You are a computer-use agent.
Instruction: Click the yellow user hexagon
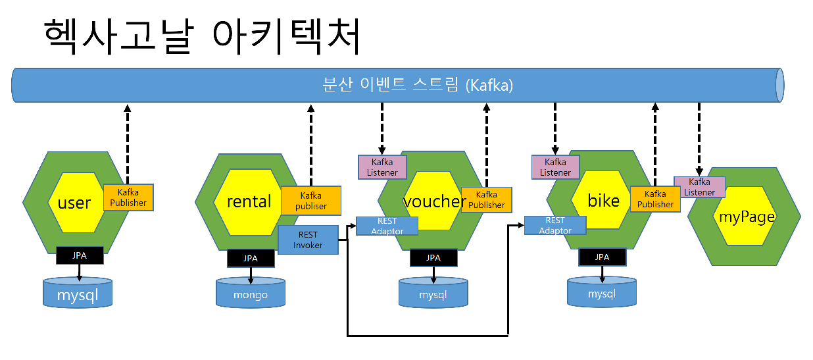click(76, 202)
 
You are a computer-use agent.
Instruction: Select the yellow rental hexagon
click(248, 202)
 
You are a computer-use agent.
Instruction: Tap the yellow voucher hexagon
click(433, 201)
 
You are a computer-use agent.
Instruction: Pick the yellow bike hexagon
click(602, 200)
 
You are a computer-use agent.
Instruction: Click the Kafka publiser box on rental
click(311, 201)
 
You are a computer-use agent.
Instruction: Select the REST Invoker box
click(308, 240)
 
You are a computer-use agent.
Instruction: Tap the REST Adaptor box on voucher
click(387, 226)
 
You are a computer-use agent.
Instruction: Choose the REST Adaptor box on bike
click(555, 225)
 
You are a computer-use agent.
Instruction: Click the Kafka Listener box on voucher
click(382, 167)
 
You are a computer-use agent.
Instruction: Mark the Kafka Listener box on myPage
click(699, 187)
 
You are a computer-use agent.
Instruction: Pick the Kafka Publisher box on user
click(128, 197)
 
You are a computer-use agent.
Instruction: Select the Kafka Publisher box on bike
click(655, 199)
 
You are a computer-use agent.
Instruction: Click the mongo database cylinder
click(251, 292)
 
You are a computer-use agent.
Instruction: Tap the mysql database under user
click(78, 293)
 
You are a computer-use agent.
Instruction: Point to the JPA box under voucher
click(433, 258)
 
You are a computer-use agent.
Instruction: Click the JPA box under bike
click(602, 257)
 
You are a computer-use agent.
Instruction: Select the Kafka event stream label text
click(418, 85)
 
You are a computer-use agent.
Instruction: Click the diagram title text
click(202, 36)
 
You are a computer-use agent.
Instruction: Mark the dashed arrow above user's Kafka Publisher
click(128, 144)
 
